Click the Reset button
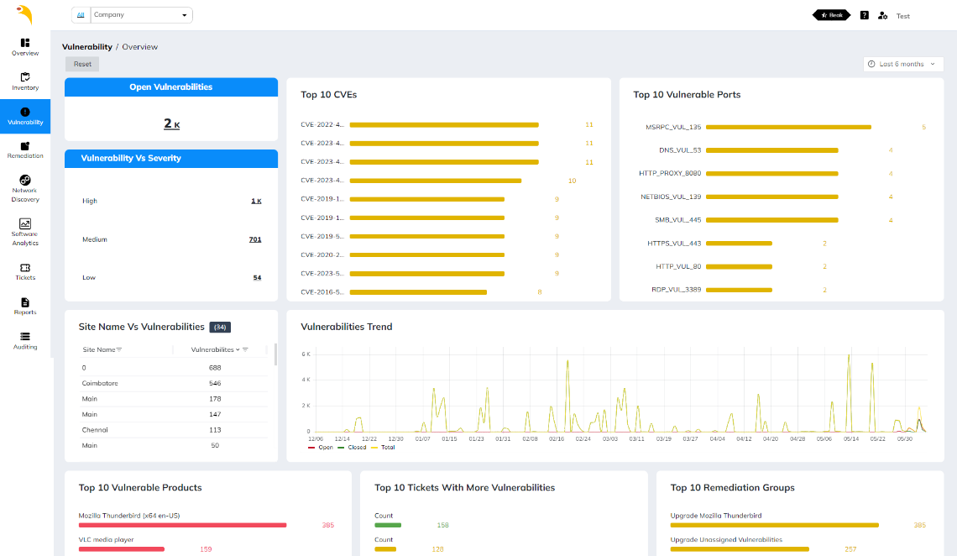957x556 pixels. point(82,64)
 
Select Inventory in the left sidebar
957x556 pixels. point(25,81)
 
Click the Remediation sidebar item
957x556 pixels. point(25,150)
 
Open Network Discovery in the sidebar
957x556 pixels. point(25,188)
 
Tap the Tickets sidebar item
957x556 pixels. point(25,271)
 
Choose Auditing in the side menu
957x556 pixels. point(25,340)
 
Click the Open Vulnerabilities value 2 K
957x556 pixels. point(171,123)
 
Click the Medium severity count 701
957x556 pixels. point(255,239)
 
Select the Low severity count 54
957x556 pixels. point(257,277)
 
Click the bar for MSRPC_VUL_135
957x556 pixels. point(788,127)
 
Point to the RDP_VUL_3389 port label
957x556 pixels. point(676,290)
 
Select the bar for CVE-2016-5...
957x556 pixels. point(418,292)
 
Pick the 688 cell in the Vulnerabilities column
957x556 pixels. point(215,367)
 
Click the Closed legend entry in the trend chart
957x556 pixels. point(353,448)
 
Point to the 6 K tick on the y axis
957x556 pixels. point(306,354)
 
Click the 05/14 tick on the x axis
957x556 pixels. point(850,438)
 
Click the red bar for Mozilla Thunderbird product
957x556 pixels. point(182,525)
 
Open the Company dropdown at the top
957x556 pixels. point(140,15)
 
